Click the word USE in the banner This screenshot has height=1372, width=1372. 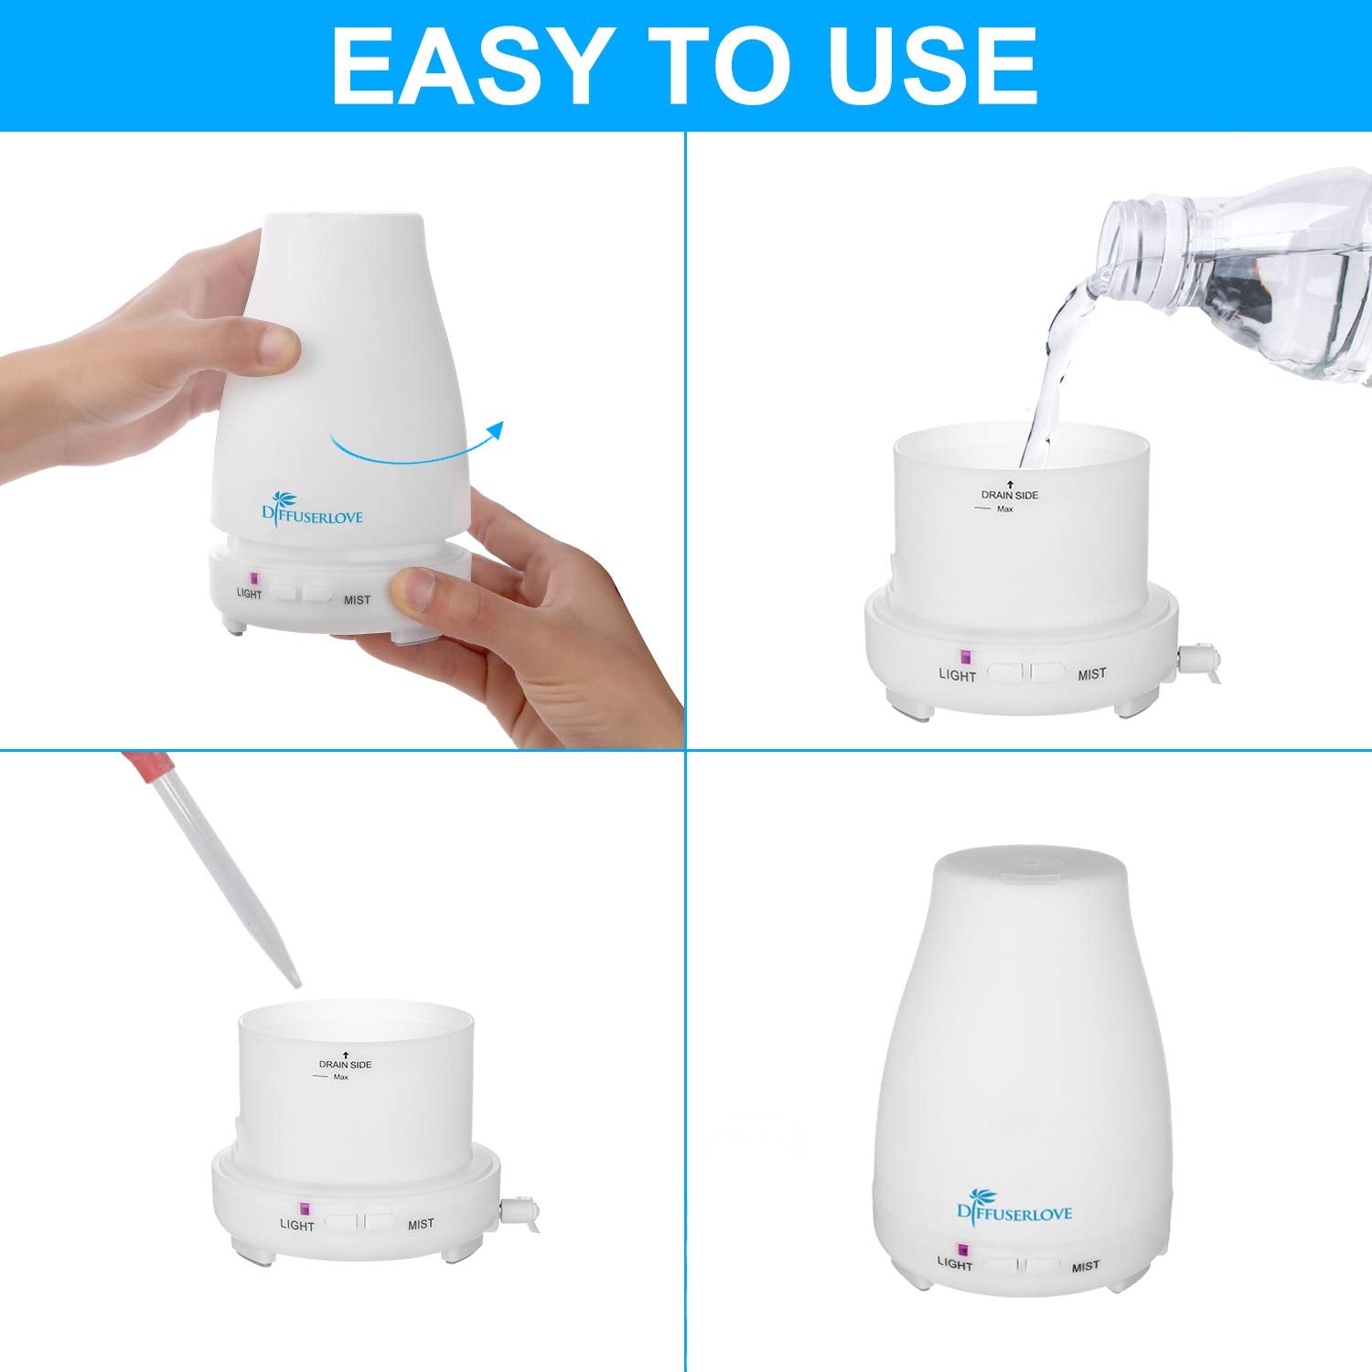[x=932, y=67]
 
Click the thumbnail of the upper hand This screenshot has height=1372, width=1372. [x=278, y=347]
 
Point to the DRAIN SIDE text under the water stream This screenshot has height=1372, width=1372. [x=1010, y=495]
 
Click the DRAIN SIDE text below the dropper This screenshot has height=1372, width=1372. [x=345, y=1065]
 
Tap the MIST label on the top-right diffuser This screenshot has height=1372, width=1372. [x=1091, y=674]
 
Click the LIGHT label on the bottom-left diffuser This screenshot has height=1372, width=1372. [x=296, y=1225]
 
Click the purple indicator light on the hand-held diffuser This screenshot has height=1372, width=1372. [x=254, y=579]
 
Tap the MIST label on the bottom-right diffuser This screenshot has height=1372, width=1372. [x=1085, y=1267]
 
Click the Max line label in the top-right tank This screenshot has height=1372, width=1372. [x=1004, y=509]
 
